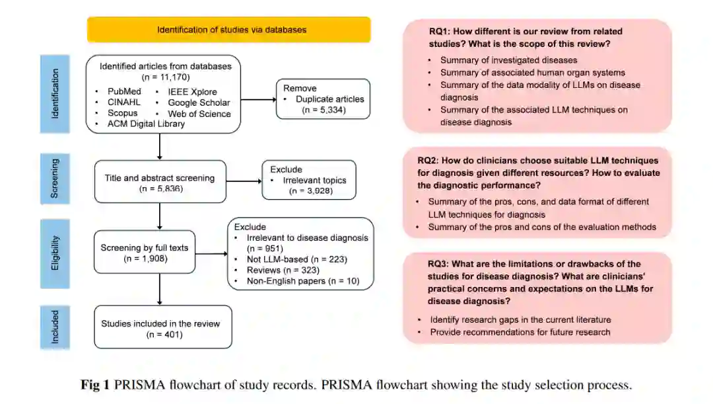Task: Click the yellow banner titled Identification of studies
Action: point(228,30)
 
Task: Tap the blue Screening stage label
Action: point(55,178)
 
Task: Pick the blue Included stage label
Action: point(55,327)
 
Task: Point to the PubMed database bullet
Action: point(124,91)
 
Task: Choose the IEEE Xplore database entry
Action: point(192,91)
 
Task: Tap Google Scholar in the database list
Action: point(199,102)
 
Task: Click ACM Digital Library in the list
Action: point(145,124)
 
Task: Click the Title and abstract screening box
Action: point(160,182)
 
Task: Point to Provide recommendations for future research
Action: point(520,331)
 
